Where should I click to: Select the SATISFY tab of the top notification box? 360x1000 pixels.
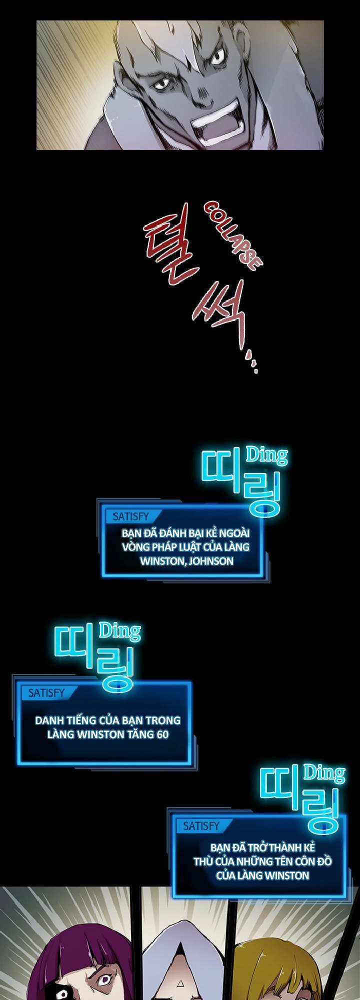point(130,516)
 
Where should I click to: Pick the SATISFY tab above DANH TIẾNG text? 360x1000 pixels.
point(46,693)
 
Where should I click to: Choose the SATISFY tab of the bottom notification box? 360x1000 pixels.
point(201,826)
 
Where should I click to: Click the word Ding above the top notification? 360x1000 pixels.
point(266,455)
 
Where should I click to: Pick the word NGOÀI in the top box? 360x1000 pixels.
point(233,532)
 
